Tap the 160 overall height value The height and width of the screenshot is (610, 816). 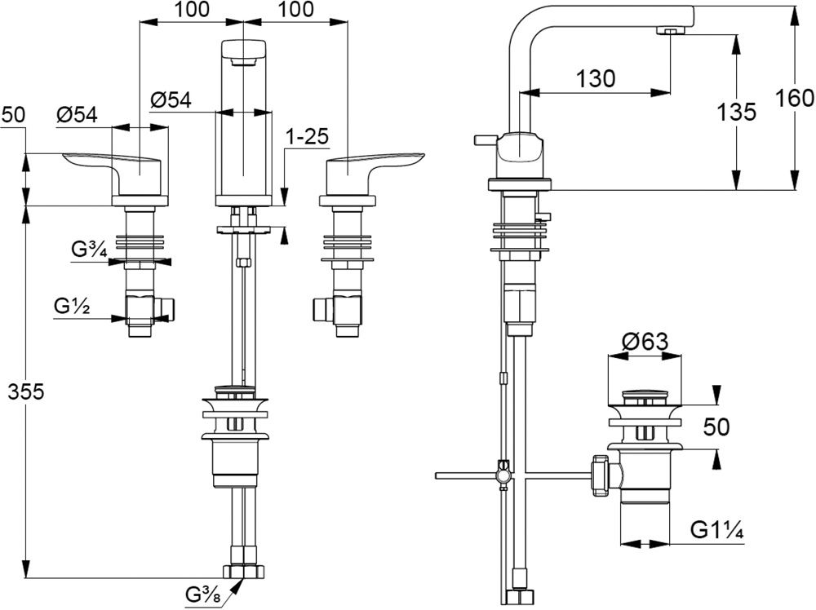coord(796,98)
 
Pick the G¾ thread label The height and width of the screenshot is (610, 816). coord(87,250)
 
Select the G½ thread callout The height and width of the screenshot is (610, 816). coord(72,307)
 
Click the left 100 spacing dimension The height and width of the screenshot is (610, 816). coord(192,10)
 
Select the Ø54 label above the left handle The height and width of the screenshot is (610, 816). coord(78,115)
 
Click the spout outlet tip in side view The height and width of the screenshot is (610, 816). coord(671,30)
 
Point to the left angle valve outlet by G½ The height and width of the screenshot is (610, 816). coord(168,308)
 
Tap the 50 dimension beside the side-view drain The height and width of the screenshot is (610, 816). coord(716,426)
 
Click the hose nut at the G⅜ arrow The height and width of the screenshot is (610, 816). coord(245,572)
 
